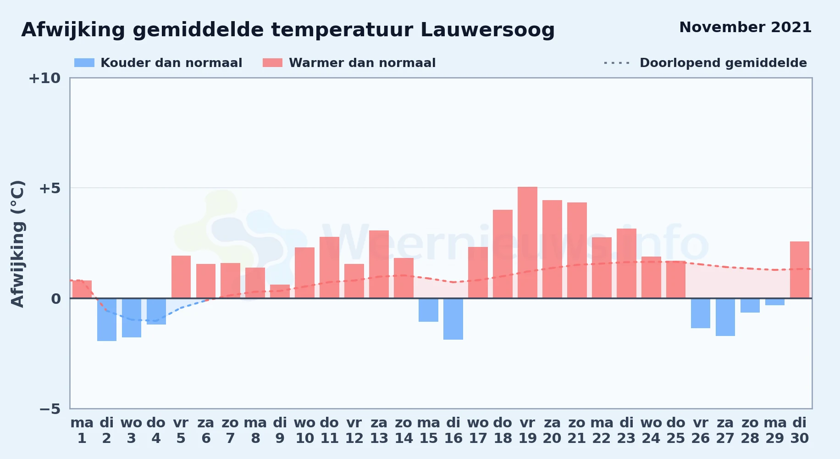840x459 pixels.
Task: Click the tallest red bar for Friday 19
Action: (527, 242)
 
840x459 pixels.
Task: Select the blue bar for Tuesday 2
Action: (107, 320)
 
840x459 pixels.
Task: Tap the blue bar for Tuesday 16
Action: (453, 319)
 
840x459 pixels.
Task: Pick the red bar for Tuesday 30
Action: (800, 270)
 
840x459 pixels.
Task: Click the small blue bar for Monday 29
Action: (775, 302)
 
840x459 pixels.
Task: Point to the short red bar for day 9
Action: (280, 291)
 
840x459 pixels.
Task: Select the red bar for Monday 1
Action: (82, 289)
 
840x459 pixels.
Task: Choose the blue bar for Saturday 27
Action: (725, 317)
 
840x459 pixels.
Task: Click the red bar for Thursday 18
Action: (503, 254)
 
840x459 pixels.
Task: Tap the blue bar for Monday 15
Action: (428, 310)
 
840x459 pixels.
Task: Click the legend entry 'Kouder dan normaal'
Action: (158, 63)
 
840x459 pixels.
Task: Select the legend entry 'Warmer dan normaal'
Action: (349, 63)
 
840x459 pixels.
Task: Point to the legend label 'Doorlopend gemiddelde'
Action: (723, 63)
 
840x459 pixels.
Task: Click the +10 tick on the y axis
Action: (44, 78)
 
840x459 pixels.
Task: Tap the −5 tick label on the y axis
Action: (50, 409)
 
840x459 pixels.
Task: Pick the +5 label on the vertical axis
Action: (50, 188)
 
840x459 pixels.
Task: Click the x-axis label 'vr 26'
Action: (701, 431)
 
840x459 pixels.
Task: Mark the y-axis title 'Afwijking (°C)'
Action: (17, 244)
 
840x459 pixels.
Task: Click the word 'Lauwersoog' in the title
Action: (487, 30)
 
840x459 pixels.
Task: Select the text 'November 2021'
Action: (746, 27)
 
